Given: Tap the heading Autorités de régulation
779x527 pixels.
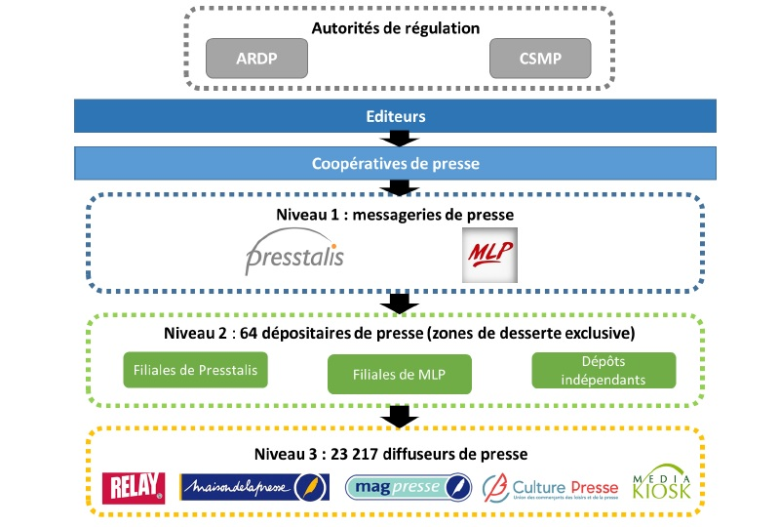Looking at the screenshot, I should click(395, 27).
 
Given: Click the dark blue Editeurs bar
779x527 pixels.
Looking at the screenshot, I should click(395, 115).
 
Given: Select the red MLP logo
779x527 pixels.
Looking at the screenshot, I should click(489, 255).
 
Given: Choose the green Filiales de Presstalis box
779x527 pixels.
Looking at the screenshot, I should click(196, 371).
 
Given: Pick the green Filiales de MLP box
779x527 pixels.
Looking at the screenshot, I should click(398, 374).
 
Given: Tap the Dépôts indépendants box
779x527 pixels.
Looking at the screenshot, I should click(604, 368).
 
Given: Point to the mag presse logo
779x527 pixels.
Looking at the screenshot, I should click(409, 487).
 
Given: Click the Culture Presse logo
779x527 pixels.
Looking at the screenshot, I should click(551, 487).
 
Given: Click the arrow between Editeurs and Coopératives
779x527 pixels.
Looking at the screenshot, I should click(397, 140).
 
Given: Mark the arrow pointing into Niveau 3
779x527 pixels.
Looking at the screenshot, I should click(397, 417).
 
